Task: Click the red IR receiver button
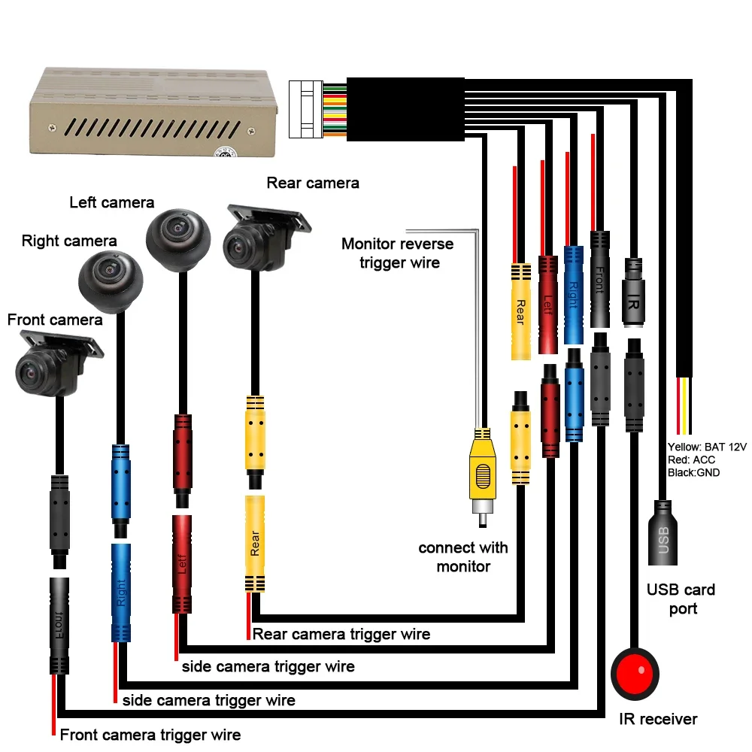point(635,673)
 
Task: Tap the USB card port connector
point(663,532)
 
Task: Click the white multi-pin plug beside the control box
point(305,109)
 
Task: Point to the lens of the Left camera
point(177,229)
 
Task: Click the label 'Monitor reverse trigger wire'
point(398,253)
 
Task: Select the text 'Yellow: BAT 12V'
point(707,447)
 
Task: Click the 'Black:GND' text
point(693,473)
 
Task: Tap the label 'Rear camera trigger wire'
point(341,634)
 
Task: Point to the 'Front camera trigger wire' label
point(150,735)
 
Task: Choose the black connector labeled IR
point(633,293)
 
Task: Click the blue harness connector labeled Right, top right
point(573,295)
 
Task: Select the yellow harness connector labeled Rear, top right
point(521,311)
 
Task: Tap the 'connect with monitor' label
point(463,556)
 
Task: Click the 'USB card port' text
point(681,599)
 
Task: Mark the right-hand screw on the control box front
point(251,131)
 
